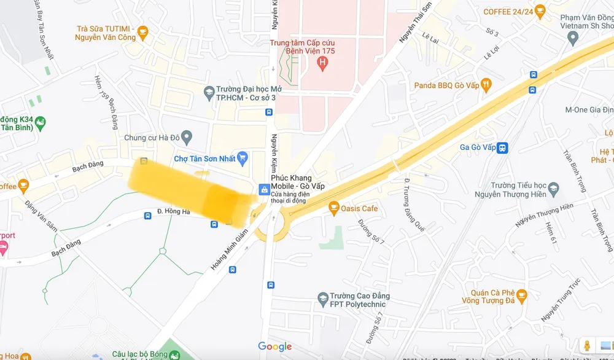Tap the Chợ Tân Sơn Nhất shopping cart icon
click(x=243, y=158)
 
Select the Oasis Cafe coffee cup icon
click(x=334, y=209)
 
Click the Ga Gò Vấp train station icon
click(x=503, y=147)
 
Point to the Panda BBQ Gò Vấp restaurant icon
click(x=486, y=85)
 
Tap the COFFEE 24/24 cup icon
click(x=540, y=11)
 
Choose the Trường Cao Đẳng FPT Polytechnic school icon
click(x=322, y=300)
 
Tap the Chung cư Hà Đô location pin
click(x=187, y=137)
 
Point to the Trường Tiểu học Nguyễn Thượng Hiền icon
click(x=553, y=186)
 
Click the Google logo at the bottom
click(x=274, y=347)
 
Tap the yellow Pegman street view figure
click(x=587, y=346)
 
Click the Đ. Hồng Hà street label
click(x=174, y=211)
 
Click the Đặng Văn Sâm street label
click(x=42, y=215)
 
